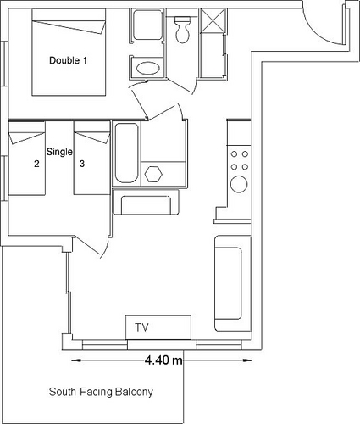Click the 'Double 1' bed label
[68, 60]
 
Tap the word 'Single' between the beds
[59, 152]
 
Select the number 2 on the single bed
[36, 164]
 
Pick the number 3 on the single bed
[82, 164]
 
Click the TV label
[141, 327]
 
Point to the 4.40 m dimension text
[163, 360]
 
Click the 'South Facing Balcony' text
[101, 392]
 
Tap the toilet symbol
[182, 30]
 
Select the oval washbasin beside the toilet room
[148, 68]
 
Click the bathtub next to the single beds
[127, 153]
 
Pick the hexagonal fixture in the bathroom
[153, 174]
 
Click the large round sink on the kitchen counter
[239, 184]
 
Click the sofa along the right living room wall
[232, 283]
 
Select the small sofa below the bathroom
[146, 202]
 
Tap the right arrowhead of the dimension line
[247, 360]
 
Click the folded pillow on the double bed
[69, 27]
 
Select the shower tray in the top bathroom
[147, 25]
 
